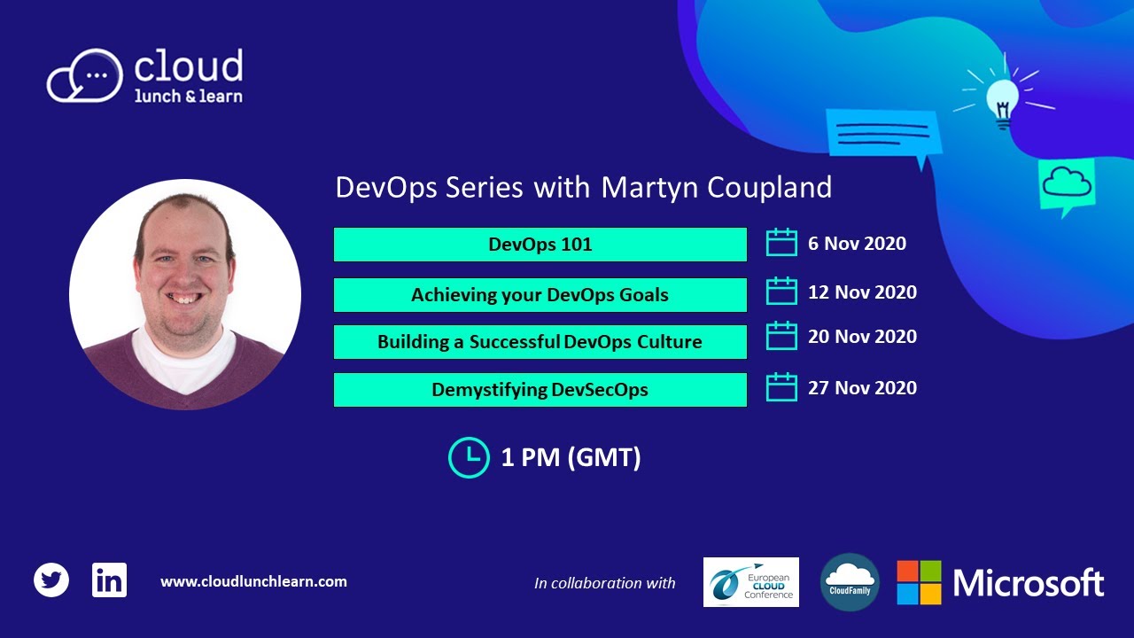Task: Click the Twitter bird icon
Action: [51, 581]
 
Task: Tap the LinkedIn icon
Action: [109, 580]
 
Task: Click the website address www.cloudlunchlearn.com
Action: [253, 582]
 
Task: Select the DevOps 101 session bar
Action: [540, 245]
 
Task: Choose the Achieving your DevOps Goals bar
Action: [540, 295]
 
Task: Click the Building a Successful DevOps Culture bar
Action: [540, 342]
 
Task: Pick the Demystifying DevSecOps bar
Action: [540, 390]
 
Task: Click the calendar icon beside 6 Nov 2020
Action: [781, 243]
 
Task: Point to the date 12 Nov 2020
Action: [861, 292]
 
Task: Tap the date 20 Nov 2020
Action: [861, 337]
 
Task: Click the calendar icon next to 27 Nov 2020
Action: [781, 387]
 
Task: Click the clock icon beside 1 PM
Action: [469, 457]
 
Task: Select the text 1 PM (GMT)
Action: [571, 458]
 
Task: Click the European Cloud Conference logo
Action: [750, 582]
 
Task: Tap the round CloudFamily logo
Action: [849, 582]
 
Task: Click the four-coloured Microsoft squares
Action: [919, 582]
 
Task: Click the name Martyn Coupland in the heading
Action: [716, 188]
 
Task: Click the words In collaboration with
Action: [604, 583]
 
